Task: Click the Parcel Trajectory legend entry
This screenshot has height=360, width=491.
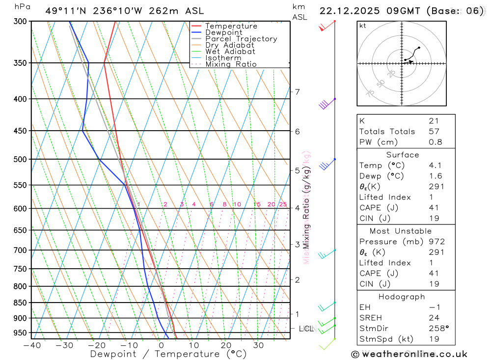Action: [x=241, y=39]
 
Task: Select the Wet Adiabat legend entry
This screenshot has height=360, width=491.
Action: [x=230, y=52]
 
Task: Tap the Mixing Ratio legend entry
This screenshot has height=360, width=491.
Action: [x=231, y=64]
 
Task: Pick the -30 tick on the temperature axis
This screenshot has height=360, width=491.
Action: [x=64, y=345]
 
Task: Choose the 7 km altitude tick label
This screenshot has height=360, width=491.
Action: [x=297, y=92]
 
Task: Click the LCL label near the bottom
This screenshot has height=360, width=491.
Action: [x=306, y=329]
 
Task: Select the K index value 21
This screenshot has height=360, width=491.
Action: [x=434, y=121]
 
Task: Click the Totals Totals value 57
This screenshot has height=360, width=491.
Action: [x=434, y=132]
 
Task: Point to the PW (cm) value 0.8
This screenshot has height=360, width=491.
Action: [x=436, y=142]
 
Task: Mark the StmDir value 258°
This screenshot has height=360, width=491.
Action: [x=438, y=329]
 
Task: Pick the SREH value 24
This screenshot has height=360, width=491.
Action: [x=434, y=318]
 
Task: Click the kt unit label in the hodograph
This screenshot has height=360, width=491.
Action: [x=362, y=26]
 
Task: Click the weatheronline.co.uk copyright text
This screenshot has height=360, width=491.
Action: [x=409, y=354]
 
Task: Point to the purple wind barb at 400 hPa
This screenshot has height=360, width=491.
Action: [x=324, y=104]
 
